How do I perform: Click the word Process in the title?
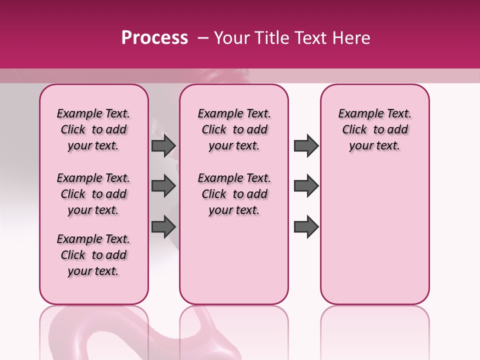(x=154, y=38)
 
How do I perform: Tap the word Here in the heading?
(x=351, y=38)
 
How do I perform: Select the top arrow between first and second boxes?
(x=163, y=145)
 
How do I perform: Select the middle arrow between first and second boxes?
(x=163, y=186)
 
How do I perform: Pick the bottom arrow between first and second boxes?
(x=163, y=226)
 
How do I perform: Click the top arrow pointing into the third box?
(x=306, y=145)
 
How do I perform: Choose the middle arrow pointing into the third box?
(x=306, y=186)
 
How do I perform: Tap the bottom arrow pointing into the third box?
(x=306, y=226)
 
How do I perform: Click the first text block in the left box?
(x=93, y=129)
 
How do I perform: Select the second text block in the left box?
(x=93, y=194)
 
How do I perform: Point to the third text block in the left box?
(x=93, y=255)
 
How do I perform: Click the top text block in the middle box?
(x=234, y=129)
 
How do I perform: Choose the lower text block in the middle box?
(x=234, y=194)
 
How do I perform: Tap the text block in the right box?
(x=374, y=129)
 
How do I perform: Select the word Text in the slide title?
(x=311, y=38)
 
